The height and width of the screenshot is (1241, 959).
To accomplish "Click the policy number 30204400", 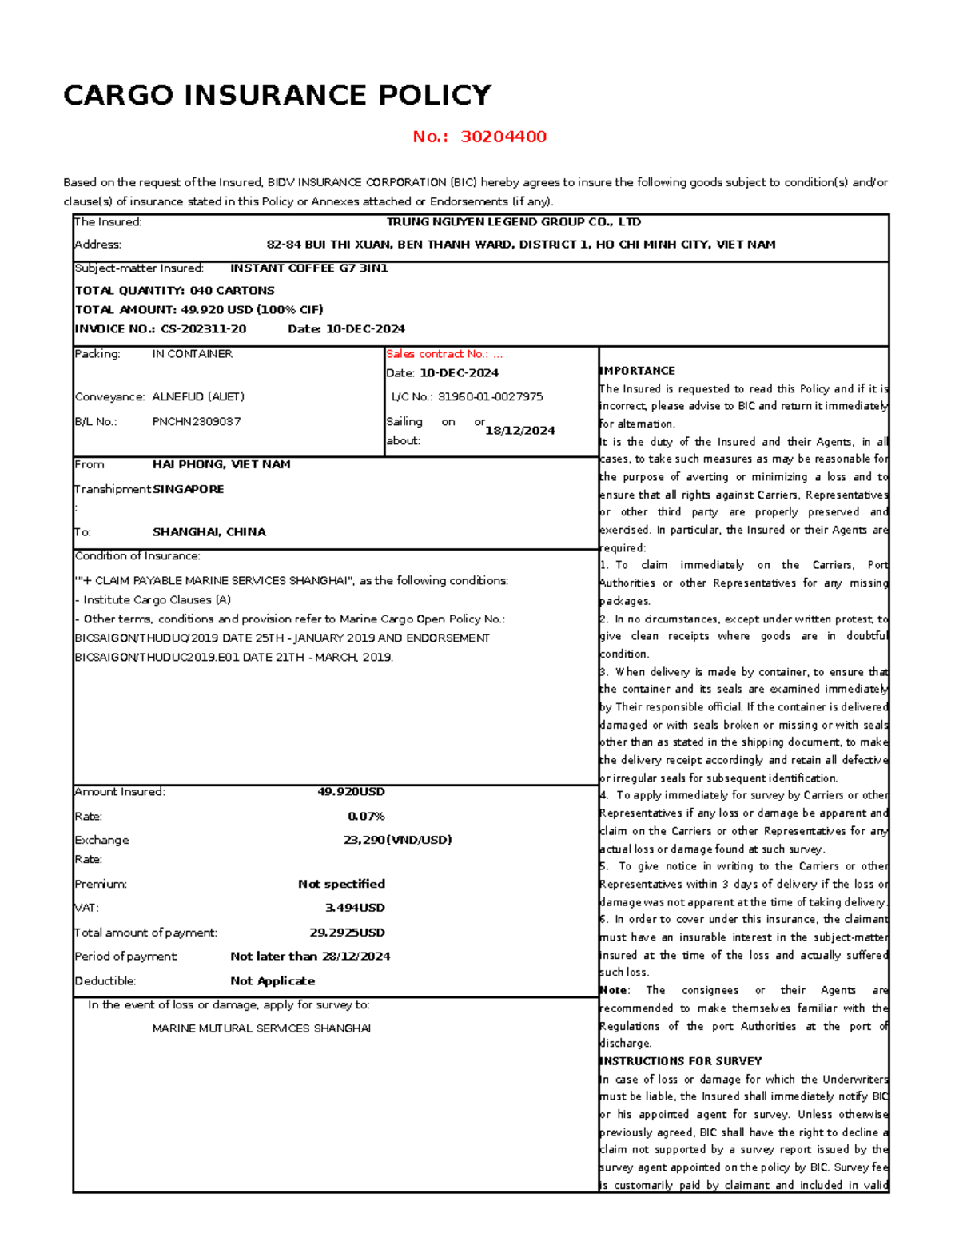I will [503, 137].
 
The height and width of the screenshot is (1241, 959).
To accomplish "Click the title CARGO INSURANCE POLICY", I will [277, 96].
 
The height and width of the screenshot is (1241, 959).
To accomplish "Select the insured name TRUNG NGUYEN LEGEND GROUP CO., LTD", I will [513, 222].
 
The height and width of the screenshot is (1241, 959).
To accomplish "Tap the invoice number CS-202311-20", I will [203, 329].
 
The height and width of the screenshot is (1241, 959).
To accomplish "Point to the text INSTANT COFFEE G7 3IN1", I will [308, 268].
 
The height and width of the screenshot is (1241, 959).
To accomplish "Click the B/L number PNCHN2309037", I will [196, 421].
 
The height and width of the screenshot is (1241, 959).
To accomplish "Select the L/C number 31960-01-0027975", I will [490, 396].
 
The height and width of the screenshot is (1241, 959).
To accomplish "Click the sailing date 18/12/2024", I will [519, 431].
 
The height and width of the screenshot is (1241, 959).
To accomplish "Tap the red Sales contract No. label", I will [444, 354].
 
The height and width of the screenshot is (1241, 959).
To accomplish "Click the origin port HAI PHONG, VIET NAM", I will [221, 464].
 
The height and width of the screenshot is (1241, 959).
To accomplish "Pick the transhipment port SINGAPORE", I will [188, 489].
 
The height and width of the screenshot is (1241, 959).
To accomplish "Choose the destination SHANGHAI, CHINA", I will [209, 532].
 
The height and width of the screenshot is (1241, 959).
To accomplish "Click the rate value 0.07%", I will [366, 817].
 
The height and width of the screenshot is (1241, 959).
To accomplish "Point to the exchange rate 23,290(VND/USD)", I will [397, 840].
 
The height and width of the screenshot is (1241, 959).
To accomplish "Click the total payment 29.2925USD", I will [347, 933].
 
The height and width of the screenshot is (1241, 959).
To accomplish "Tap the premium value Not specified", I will [341, 884].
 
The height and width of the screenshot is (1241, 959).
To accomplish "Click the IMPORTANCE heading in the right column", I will [637, 371].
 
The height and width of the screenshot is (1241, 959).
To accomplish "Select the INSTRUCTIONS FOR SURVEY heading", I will [680, 1061].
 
